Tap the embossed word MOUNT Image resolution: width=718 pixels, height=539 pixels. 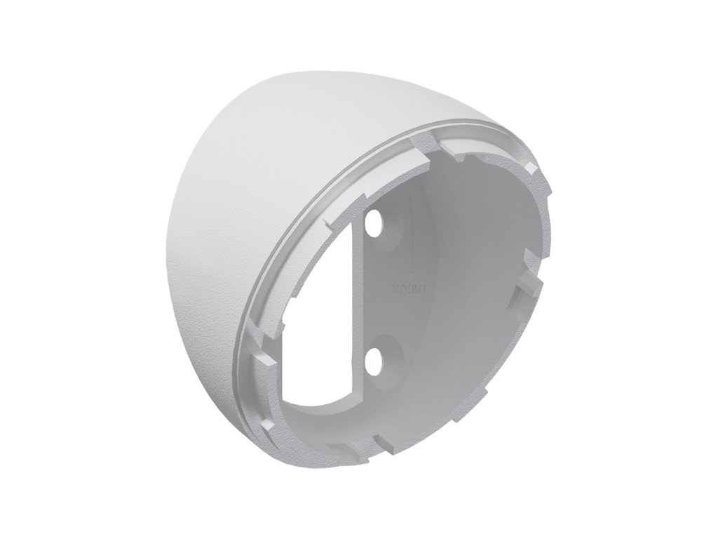point(409,290)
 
